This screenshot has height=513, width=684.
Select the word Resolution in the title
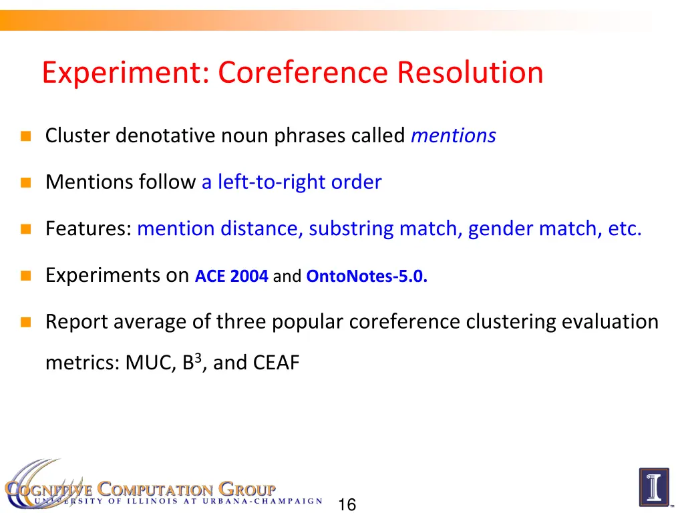coord(470,73)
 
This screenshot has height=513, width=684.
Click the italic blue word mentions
coord(454,136)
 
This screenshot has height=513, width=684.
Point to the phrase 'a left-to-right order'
coord(291,182)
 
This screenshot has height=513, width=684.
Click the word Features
coord(88,229)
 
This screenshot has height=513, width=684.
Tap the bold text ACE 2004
coord(232,277)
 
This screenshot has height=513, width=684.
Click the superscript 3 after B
coord(198,357)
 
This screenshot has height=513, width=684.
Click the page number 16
coord(347,505)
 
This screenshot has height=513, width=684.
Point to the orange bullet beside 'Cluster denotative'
coord(26,137)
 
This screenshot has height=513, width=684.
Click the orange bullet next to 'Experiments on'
coord(26,277)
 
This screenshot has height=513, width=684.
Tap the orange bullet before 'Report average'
coord(26,323)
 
